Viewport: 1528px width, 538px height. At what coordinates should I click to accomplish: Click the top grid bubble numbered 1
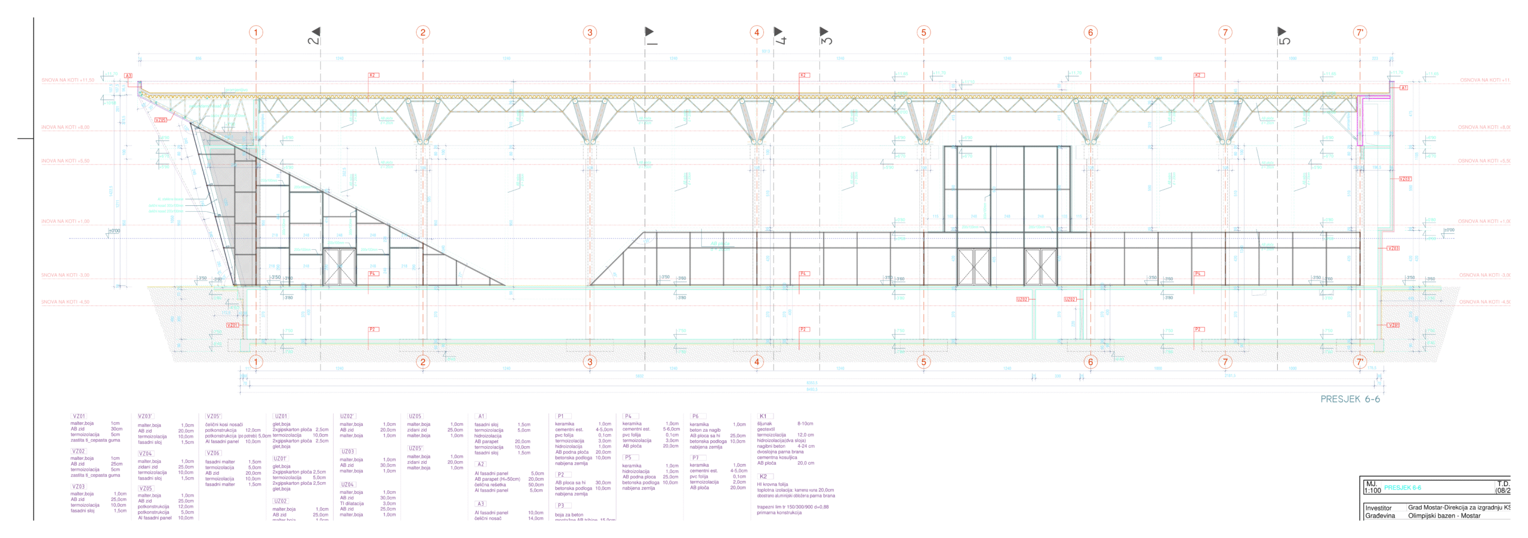click(256, 32)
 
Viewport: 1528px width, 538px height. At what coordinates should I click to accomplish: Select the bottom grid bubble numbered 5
click(923, 361)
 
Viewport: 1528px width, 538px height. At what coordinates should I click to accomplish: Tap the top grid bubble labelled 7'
click(1360, 32)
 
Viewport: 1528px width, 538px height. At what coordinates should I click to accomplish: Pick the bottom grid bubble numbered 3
click(590, 361)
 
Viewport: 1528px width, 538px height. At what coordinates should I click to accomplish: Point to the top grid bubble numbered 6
click(1090, 32)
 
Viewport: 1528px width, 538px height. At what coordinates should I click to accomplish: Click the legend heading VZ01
click(79, 416)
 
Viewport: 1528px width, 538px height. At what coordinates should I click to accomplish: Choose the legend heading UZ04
click(347, 484)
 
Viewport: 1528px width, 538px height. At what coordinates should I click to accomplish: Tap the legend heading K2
click(763, 477)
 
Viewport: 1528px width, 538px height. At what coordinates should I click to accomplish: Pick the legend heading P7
click(695, 457)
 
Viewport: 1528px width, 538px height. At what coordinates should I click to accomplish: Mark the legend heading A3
click(481, 504)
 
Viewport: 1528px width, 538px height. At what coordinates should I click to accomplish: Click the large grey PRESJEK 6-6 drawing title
click(1350, 399)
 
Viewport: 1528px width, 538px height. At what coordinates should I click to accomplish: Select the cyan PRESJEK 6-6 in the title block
click(1402, 488)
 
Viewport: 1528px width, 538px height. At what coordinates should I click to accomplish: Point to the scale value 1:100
click(1372, 491)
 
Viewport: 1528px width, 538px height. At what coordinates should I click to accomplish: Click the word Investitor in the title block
click(1378, 508)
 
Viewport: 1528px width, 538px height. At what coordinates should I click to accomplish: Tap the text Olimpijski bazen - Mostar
click(1444, 516)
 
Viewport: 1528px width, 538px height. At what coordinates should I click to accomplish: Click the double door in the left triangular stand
click(339, 267)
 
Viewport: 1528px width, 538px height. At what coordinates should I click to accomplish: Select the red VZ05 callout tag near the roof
click(161, 120)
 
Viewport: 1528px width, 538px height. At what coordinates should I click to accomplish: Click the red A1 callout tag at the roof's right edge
click(1403, 88)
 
